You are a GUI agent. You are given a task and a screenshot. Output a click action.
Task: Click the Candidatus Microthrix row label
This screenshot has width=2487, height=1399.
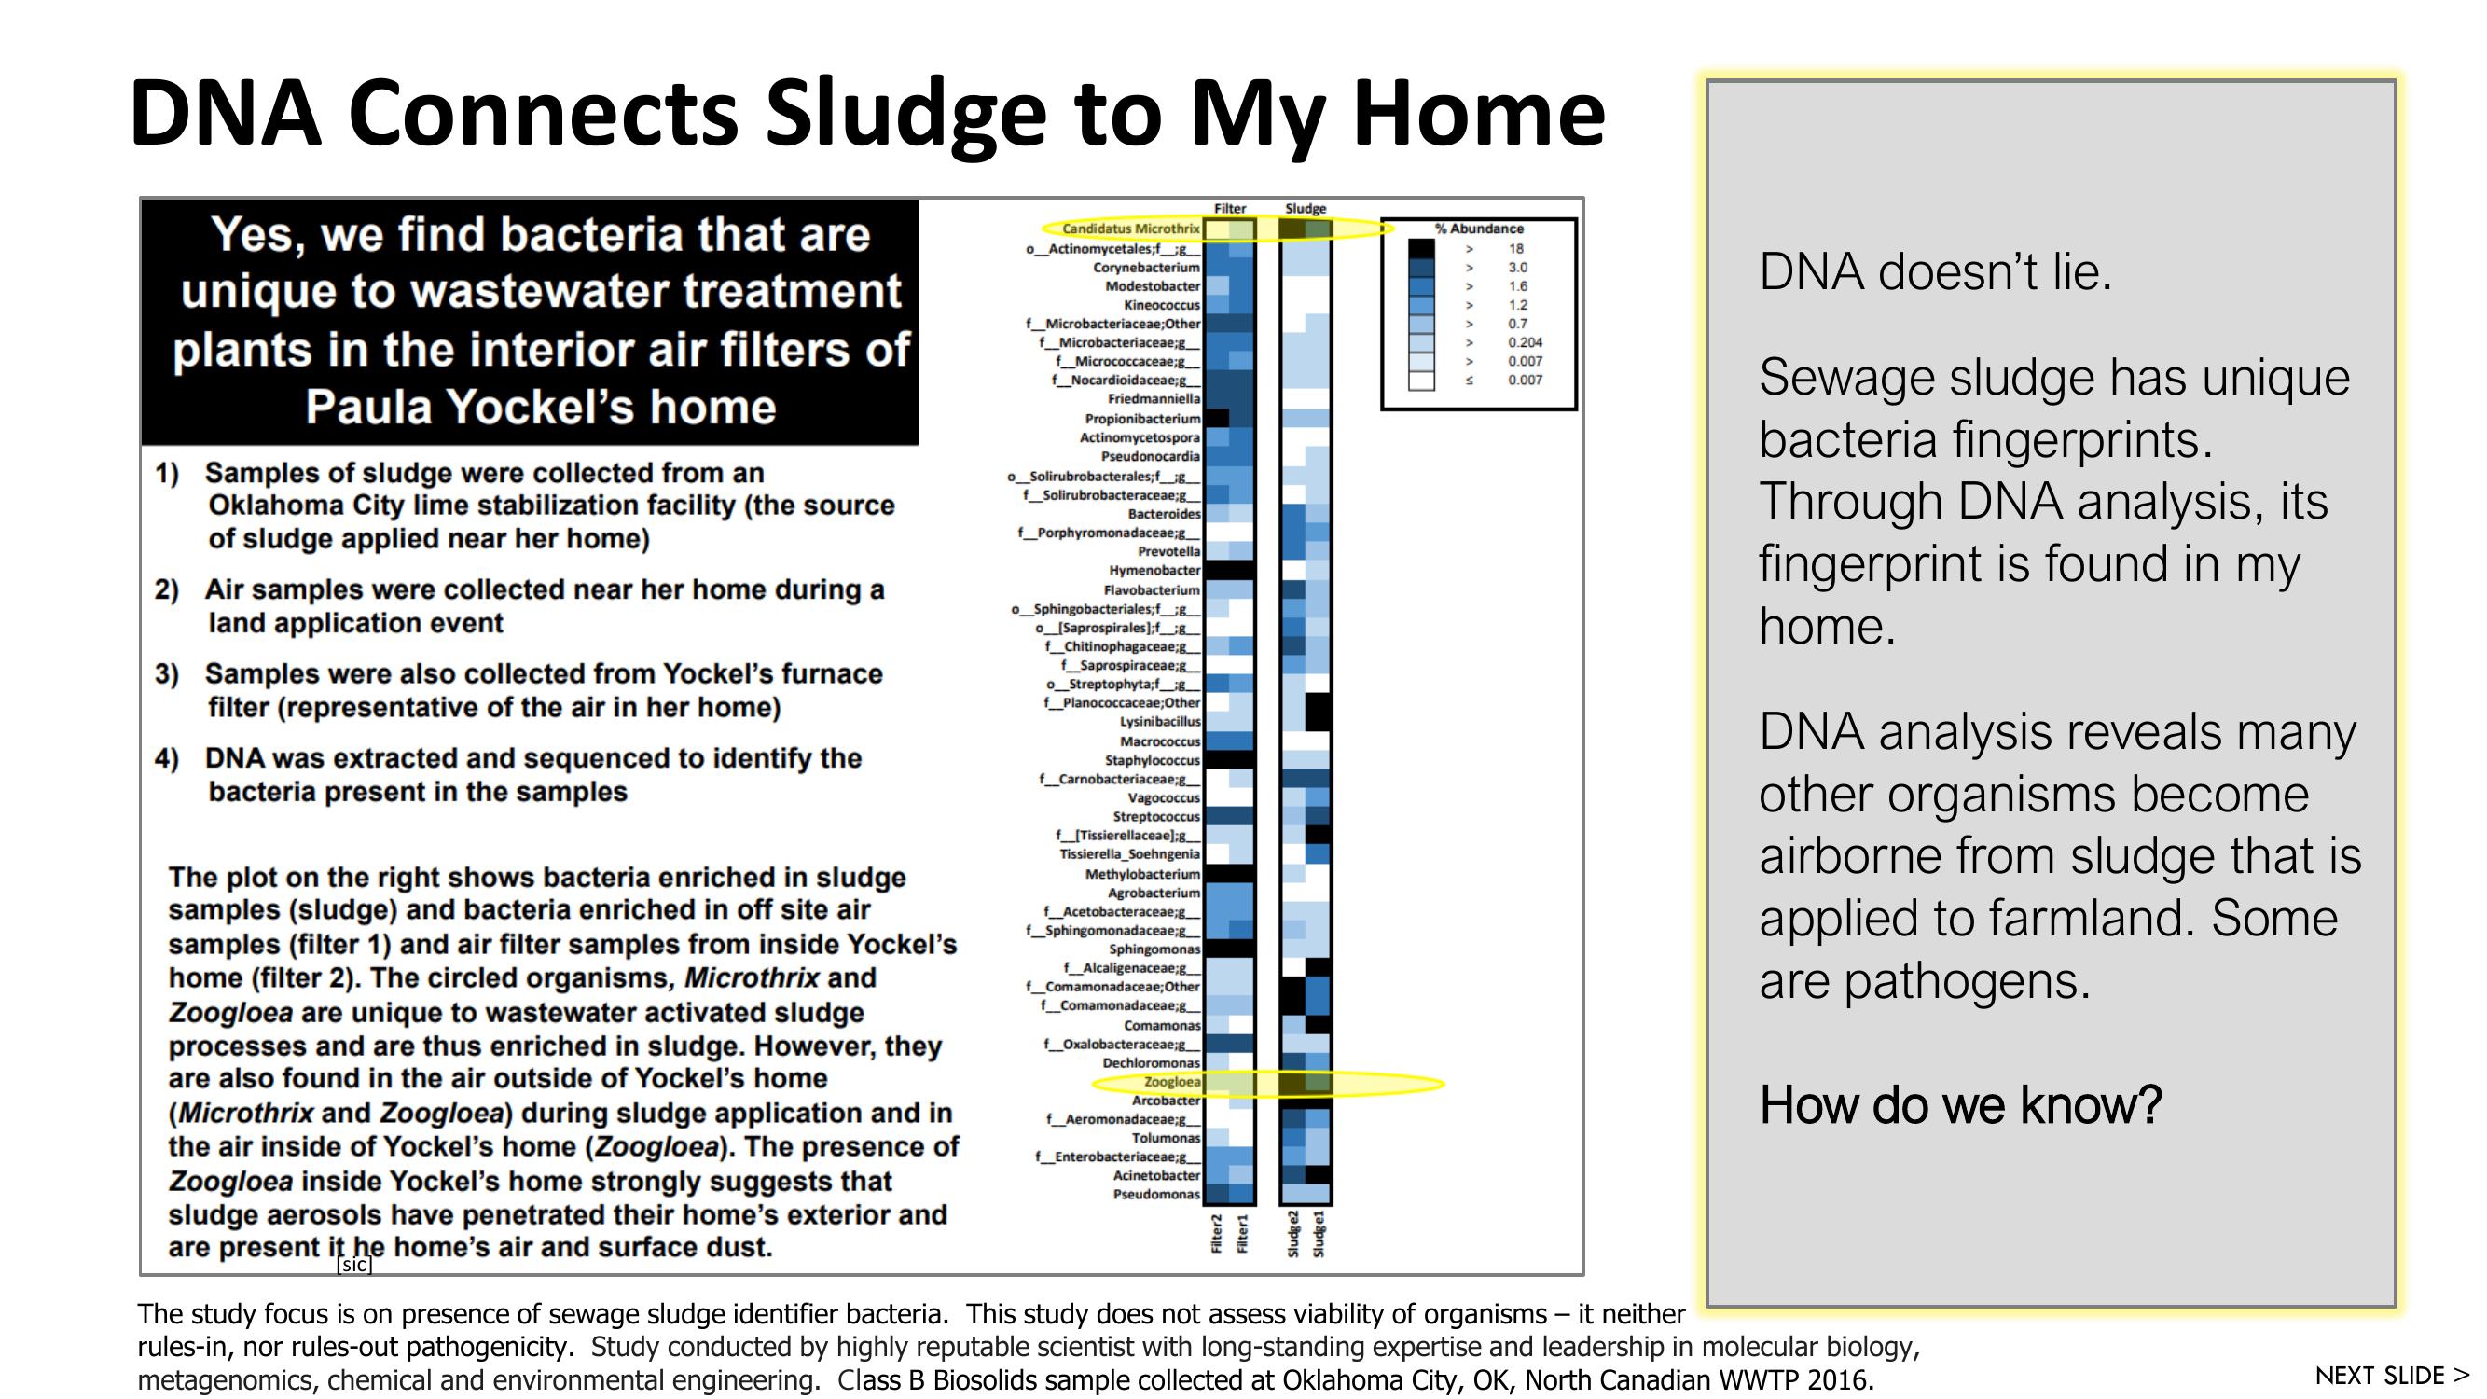coord(1129,229)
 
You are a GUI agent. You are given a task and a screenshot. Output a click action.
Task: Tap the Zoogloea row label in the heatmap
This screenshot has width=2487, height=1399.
coord(1171,1081)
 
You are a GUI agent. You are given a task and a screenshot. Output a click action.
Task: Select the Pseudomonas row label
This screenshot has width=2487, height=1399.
coord(1155,1195)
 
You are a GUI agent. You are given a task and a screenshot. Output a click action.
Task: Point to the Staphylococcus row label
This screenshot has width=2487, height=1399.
coord(1152,760)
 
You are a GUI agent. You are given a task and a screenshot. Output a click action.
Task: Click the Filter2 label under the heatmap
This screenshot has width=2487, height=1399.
coord(1217,1234)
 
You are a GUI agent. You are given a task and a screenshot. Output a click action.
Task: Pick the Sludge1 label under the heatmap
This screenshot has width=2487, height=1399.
coord(1319,1234)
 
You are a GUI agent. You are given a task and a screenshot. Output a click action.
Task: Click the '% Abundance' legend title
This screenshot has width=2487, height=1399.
coord(1478,229)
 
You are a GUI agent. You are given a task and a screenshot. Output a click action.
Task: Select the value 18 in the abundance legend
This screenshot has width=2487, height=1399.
coord(1515,248)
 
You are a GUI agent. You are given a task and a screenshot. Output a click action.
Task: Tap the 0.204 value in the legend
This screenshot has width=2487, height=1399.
coord(1525,341)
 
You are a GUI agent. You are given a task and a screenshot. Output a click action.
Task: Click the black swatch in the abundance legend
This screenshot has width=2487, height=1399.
coord(1420,248)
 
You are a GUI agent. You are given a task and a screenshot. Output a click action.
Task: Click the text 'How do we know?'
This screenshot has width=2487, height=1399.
coord(1960,1104)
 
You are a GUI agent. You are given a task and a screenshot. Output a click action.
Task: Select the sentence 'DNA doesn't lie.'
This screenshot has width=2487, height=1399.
coord(1935,271)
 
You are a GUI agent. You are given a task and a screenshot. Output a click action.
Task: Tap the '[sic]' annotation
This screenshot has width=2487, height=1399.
coord(354,1265)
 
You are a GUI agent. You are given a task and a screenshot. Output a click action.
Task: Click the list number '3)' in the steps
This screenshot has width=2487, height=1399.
coord(166,673)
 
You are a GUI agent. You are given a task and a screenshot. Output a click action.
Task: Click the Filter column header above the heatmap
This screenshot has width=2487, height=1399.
coord(1229,209)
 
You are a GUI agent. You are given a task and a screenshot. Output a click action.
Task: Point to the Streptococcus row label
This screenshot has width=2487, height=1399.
coord(1155,816)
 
